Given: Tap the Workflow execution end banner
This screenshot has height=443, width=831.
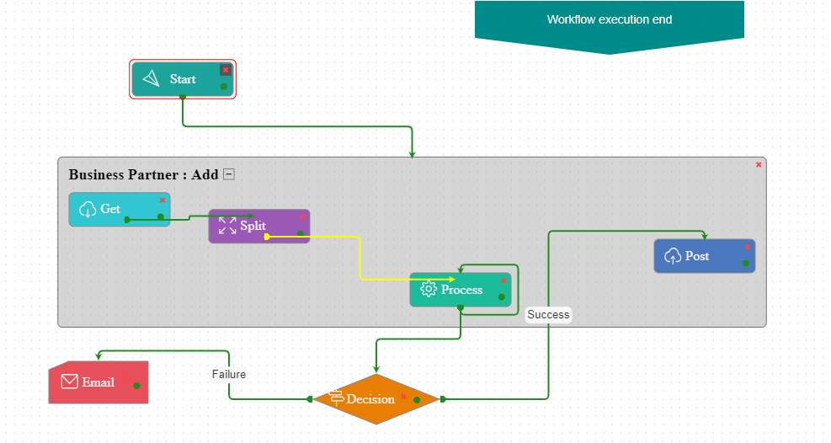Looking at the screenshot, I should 609,20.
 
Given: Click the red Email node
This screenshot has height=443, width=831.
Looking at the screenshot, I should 98,382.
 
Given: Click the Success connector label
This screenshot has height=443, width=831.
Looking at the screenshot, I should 548,314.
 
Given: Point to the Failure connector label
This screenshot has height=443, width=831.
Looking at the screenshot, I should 228,374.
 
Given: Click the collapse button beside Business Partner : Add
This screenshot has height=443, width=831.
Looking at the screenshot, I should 228,174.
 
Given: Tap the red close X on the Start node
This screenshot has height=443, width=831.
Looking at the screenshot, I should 225,70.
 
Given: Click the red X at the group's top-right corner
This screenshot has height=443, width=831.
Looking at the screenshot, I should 759,164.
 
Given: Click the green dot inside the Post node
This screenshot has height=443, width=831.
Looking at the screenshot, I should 745,264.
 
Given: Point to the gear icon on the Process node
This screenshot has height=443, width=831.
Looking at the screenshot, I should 428,290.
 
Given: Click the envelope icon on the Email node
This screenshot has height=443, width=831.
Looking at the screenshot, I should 70,382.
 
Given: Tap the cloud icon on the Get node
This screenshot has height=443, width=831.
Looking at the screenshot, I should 88,209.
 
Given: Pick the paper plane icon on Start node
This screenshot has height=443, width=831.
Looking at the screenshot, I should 151,78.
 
